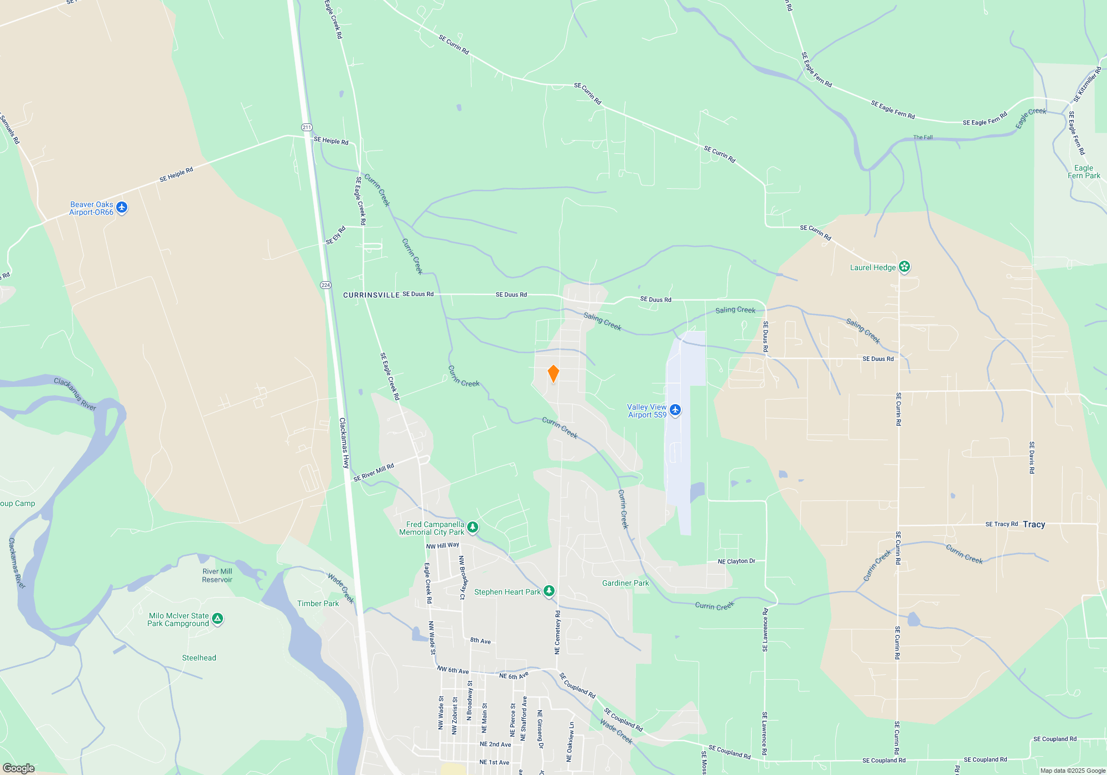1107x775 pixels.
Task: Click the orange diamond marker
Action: click(x=553, y=374)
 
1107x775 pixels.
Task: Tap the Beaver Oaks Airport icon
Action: click(x=122, y=208)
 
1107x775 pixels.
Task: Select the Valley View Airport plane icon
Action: click(x=675, y=410)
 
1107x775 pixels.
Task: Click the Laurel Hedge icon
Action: click(x=904, y=267)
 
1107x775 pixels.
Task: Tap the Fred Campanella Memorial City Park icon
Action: click(x=472, y=527)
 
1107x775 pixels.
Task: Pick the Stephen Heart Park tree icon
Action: click(x=549, y=591)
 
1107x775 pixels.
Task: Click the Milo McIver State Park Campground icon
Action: click(x=218, y=619)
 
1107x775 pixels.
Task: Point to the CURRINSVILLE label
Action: click(x=371, y=295)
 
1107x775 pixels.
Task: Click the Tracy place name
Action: click(x=1034, y=524)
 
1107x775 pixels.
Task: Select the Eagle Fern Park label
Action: click(x=1084, y=172)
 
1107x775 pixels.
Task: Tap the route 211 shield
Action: click(x=307, y=127)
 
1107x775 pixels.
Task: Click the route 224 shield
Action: click(x=325, y=285)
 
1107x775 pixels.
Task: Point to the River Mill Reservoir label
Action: click(x=217, y=576)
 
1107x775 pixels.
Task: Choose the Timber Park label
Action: click(x=318, y=603)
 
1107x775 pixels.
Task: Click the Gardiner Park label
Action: click(x=625, y=583)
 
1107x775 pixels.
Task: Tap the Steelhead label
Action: click(x=199, y=658)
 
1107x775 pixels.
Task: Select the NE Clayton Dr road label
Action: click(x=736, y=561)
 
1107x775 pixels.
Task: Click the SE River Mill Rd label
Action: click(x=374, y=472)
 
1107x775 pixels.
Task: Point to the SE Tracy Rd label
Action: click(x=1001, y=524)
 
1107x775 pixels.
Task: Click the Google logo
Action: click(x=18, y=768)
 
